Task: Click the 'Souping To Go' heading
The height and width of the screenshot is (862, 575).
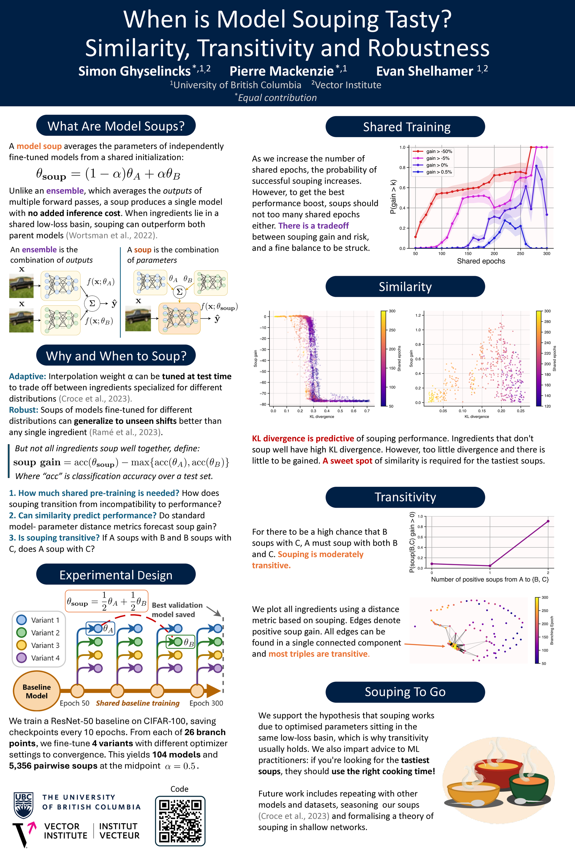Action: tap(405, 692)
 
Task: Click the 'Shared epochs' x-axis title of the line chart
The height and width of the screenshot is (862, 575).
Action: tap(481, 261)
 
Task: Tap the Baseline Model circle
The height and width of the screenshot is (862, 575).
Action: tap(37, 691)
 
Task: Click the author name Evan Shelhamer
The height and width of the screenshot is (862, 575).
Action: tap(425, 71)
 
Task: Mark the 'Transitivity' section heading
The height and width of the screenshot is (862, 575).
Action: tap(405, 497)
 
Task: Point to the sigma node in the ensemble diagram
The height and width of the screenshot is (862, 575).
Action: tap(92, 303)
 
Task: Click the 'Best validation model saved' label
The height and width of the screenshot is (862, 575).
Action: tap(177, 610)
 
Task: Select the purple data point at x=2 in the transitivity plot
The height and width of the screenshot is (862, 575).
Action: tap(548, 521)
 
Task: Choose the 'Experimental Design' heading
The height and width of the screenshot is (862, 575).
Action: tap(116, 575)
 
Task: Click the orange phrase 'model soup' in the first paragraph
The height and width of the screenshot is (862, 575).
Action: tap(39, 146)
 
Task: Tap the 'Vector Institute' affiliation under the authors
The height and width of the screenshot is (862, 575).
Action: tap(346, 85)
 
